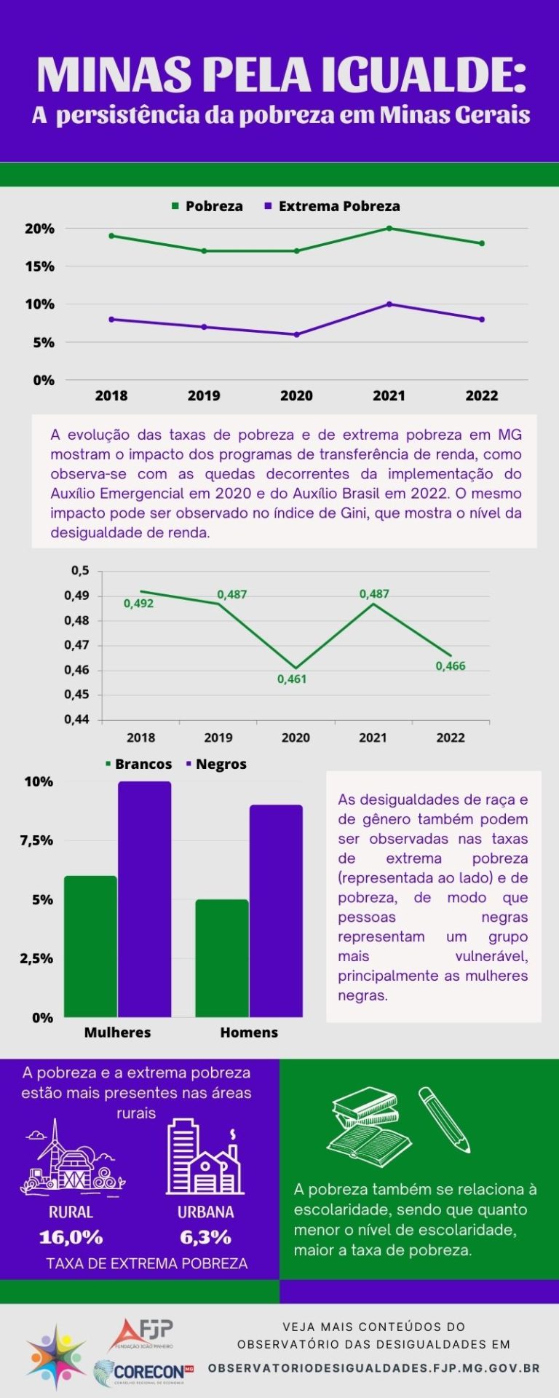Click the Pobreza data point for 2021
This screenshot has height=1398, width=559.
tap(389, 229)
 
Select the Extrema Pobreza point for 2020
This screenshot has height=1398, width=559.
tap(296, 335)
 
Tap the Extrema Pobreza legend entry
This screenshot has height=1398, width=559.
tap(333, 206)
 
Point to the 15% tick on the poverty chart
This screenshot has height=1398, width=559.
tap(40, 266)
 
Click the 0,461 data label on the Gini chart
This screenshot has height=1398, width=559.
tap(292, 679)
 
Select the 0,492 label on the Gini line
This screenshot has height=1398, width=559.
tap(138, 604)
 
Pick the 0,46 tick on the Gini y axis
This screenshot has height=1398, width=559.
tap(76, 670)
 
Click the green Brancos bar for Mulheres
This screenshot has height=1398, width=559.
tap(91, 947)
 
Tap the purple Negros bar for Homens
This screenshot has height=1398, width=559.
tap(276, 911)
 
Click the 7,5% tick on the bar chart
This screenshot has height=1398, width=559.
tap(36, 840)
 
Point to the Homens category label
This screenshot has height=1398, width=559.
tap(249, 1032)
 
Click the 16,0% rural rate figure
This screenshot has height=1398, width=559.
tap(71, 1237)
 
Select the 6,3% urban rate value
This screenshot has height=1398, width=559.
tap(206, 1237)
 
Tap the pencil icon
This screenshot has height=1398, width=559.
tap(445, 1119)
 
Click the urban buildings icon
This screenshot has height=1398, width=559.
tap(205, 1156)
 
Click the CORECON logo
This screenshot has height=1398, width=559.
tap(144, 1372)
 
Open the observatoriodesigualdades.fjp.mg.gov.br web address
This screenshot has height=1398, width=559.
tap(374, 1368)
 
